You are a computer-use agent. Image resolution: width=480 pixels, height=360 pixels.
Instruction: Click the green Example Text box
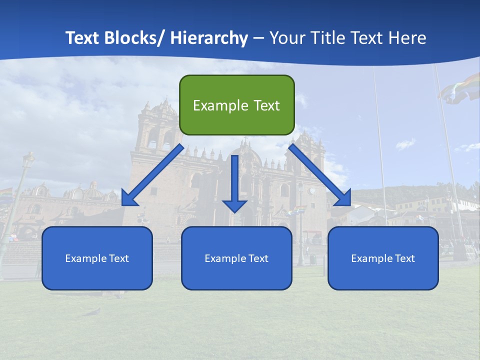[236, 105]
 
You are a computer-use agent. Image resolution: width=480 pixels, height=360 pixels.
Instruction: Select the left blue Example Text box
[97, 258]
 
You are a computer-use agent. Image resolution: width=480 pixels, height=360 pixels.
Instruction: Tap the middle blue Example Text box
[236, 258]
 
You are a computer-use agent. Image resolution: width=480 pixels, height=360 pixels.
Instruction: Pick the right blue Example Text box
[383, 258]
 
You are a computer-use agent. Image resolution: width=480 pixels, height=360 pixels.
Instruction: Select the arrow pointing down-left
[152, 175]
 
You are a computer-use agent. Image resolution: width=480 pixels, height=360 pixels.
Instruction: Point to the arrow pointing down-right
[320, 175]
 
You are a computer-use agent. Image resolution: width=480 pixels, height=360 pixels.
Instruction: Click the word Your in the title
[286, 38]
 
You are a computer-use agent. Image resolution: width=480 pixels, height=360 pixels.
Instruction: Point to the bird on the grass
[92, 311]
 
